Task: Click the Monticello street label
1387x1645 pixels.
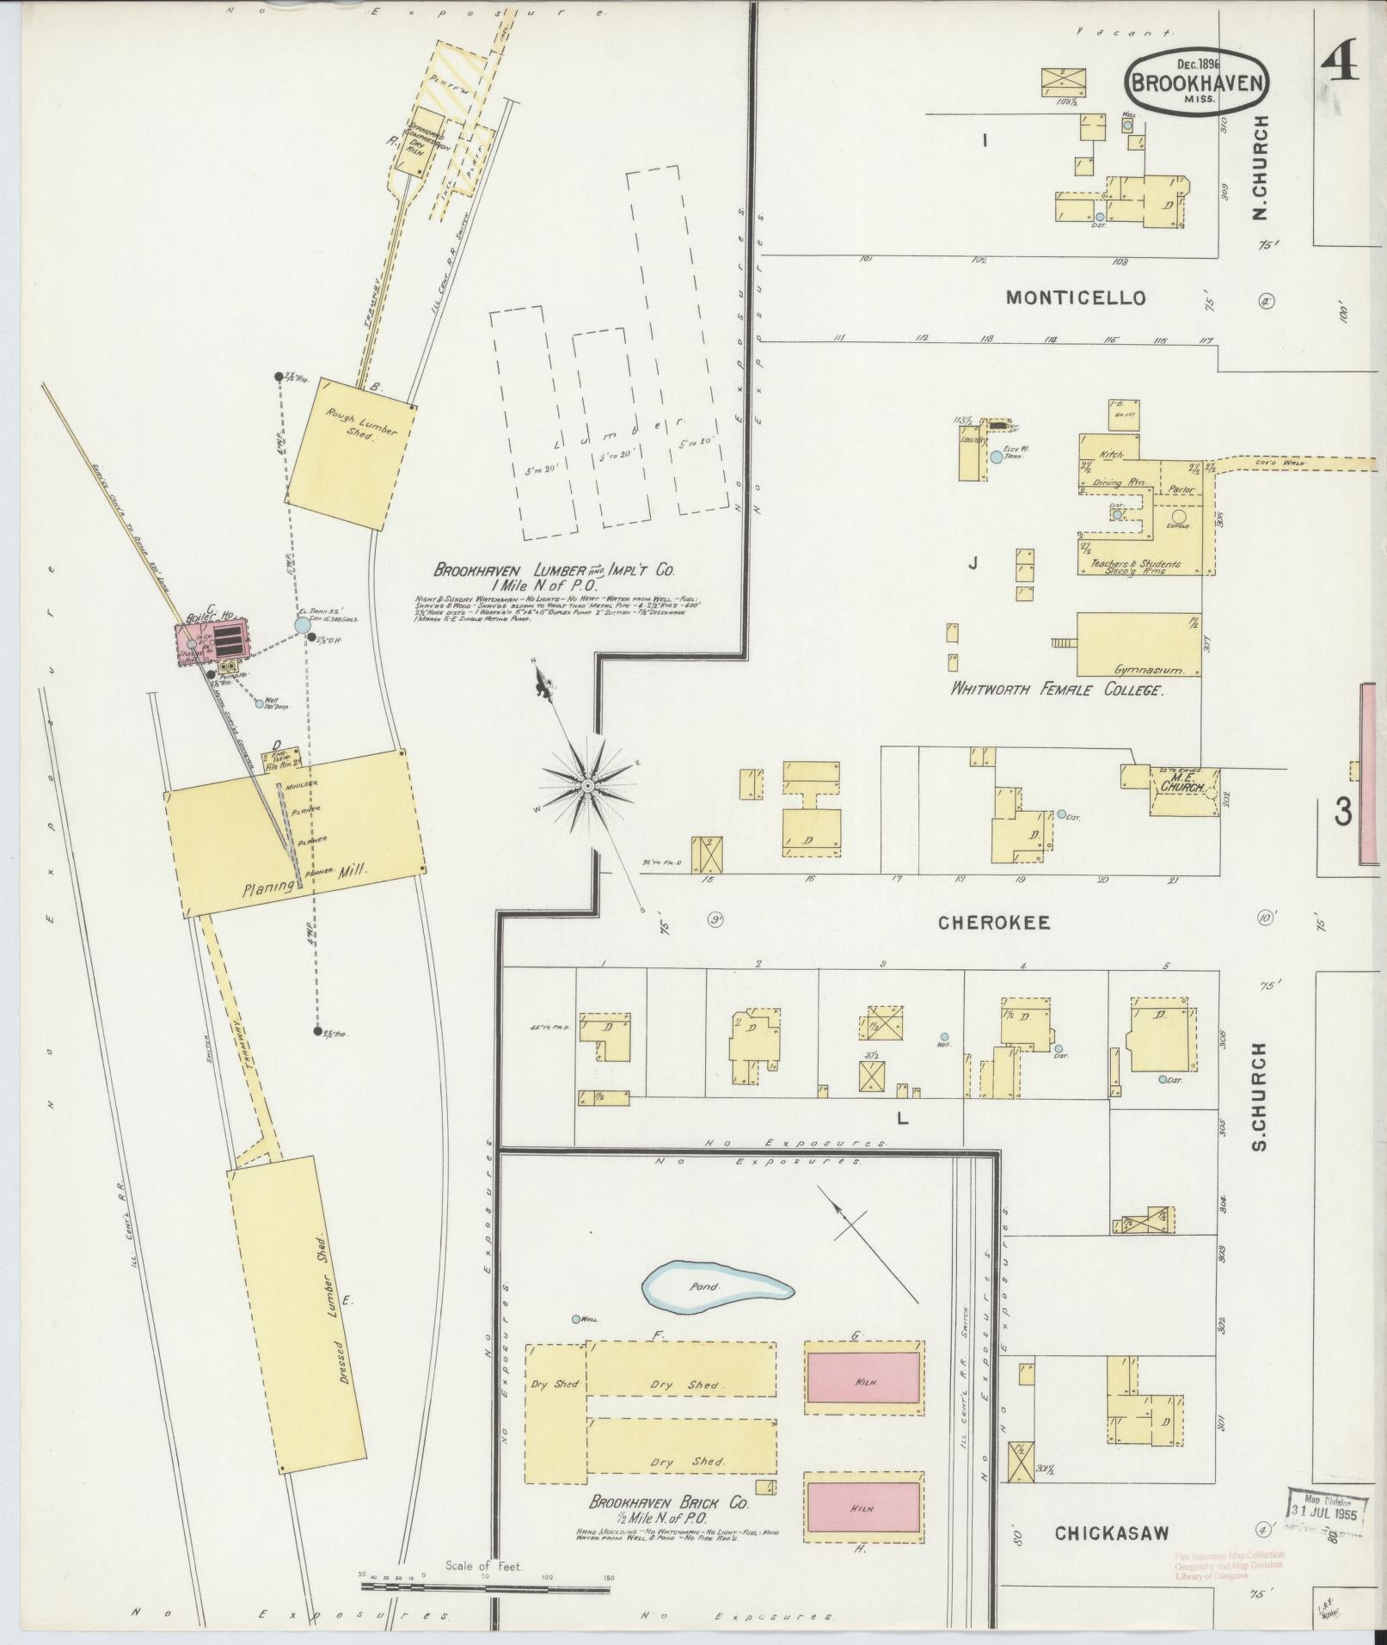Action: pyautogui.click(x=1076, y=298)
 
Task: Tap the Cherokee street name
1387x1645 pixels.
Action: pyautogui.click(x=993, y=923)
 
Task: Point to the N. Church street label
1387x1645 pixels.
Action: pyautogui.click(x=1261, y=167)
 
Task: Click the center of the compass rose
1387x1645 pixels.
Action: pyautogui.click(x=588, y=786)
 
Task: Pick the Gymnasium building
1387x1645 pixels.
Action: pyautogui.click(x=1138, y=645)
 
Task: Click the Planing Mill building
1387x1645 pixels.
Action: pyautogui.click(x=294, y=832)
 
